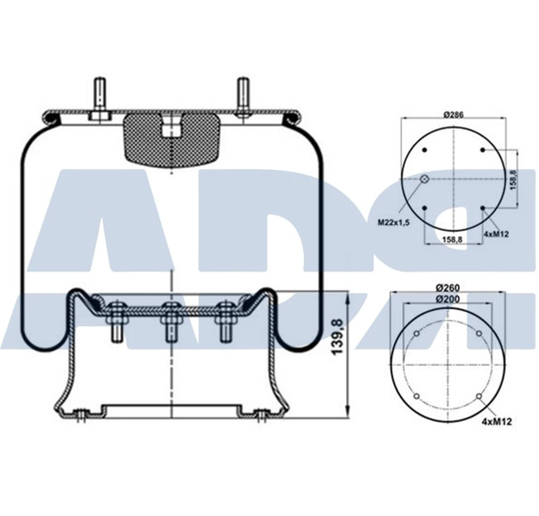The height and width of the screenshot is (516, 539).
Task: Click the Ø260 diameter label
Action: point(452,287)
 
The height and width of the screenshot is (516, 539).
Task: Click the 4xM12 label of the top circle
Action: point(496,234)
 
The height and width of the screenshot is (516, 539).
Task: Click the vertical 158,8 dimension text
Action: point(513,179)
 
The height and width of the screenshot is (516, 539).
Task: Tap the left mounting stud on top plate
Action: point(99,99)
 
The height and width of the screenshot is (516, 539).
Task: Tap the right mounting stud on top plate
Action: point(243,99)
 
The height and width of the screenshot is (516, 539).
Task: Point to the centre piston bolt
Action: point(171,322)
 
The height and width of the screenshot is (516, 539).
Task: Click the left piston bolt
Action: point(116,322)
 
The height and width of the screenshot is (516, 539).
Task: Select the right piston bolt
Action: point(224,322)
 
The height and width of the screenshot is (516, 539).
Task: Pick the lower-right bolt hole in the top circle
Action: point(482,209)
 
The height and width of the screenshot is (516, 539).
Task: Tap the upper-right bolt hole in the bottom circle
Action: point(479,334)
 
